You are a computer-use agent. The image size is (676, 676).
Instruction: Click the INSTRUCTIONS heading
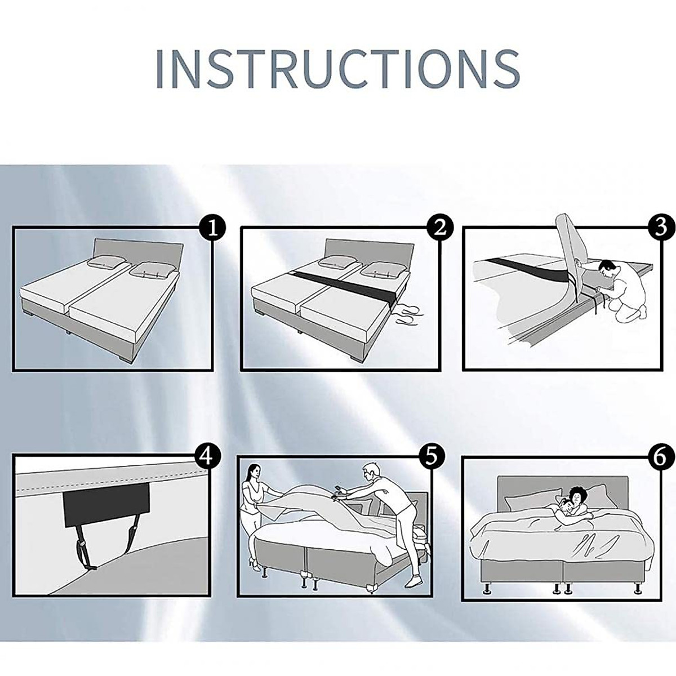[337, 69]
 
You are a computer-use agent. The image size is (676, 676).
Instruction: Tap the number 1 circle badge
[212, 228]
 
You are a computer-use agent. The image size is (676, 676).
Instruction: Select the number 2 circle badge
[440, 228]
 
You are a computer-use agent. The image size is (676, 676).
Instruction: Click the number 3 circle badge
[661, 227]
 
